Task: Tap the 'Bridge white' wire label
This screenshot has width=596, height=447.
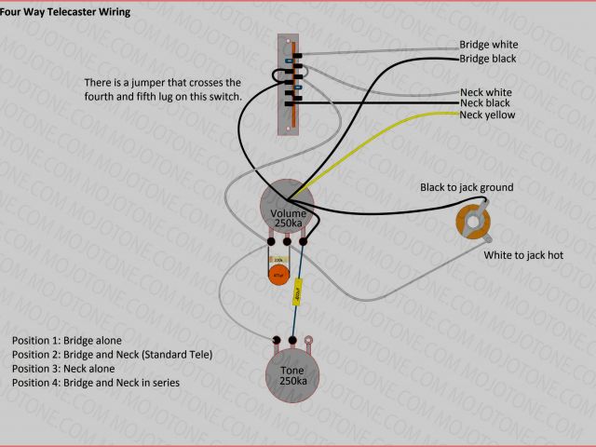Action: pos(489,45)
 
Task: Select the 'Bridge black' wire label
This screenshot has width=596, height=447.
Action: pos(488,59)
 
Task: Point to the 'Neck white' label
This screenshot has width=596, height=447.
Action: pos(485,92)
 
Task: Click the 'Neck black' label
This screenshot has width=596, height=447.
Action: pos(485,102)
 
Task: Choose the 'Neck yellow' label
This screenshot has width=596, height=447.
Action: pos(487,115)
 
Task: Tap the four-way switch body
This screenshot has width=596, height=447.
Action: pos(290,84)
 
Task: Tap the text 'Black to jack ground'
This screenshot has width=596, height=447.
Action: pos(467,187)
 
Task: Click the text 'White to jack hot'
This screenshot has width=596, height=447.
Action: pos(522,254)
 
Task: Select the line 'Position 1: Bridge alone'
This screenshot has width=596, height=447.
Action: pos(67,341)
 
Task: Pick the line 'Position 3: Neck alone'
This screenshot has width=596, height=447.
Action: pos(61,369)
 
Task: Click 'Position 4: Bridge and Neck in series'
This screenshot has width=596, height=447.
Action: pos(96,383)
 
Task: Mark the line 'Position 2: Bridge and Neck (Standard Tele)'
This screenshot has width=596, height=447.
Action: pos(113,355)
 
